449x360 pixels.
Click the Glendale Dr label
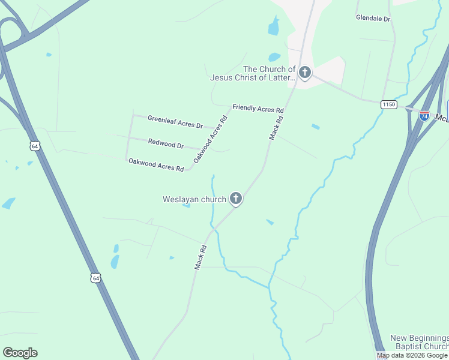coord(373,19)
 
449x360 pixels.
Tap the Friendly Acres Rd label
coord(258,109)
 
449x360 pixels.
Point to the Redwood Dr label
coord(166,144)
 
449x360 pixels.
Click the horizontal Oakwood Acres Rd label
coord(155,164)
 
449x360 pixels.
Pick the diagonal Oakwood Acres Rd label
coord(211,140)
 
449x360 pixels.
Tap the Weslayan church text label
coord(194,199)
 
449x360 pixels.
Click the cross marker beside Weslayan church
coord(236,199)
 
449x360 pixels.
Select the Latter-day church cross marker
coord(305,73)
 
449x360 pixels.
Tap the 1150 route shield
coord(388,104)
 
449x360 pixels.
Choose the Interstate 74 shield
coord(424,116)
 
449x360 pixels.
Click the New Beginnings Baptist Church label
coord(419,342)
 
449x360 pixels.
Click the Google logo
coord(20,353)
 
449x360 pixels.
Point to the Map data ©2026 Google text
coord(412,355)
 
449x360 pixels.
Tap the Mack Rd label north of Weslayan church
coord(276,128)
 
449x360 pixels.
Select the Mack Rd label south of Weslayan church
coord(200,257)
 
